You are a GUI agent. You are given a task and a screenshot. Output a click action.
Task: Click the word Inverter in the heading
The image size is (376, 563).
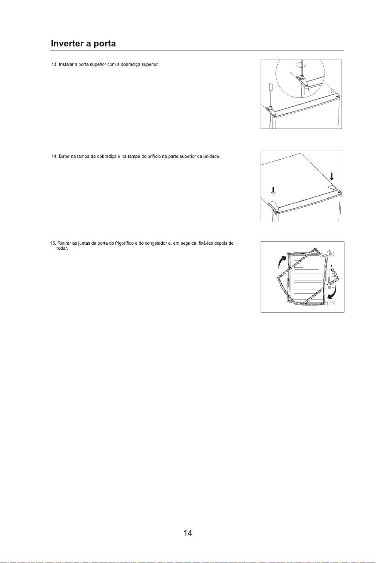point(67,43)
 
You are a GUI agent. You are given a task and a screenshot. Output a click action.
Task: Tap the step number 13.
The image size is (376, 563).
point(54,65)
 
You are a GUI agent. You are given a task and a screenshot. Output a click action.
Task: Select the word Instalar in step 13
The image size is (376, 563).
point(66,65)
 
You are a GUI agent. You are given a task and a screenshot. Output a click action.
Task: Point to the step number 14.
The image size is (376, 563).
point(54,156)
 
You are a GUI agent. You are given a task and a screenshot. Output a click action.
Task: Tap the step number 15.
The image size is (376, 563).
point(53,243)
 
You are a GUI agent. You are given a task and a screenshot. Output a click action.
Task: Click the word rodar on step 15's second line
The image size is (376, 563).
point(62,249)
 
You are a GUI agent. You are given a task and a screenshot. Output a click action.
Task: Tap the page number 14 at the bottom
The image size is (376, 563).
point(188,533)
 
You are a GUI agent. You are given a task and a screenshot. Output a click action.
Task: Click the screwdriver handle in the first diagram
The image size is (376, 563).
point(271,88)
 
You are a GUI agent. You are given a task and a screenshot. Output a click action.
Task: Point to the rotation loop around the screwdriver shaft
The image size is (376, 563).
point(301,65)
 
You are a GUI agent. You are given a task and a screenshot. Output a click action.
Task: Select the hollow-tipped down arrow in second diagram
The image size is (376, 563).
point(273,191)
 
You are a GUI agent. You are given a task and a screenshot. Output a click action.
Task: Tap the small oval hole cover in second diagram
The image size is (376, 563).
point(331,187)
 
